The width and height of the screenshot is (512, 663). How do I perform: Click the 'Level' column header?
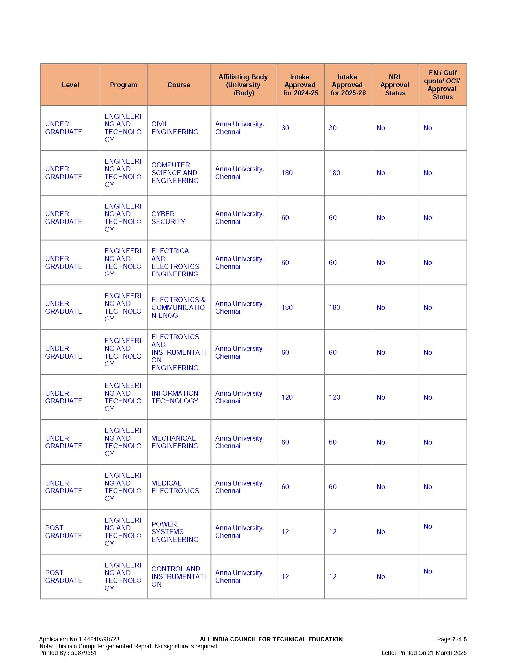click(70, 85)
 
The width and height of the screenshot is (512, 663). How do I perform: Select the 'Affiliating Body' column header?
click(243, 85)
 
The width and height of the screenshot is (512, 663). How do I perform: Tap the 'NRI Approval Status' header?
click(395, 85)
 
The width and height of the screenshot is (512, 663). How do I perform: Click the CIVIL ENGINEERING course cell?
click(175, 128)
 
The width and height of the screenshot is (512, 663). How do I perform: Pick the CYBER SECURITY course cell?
click(168, 218)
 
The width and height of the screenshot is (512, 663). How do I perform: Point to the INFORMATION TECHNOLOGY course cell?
click(175, 397)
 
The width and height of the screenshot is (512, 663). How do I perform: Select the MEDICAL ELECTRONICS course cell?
click(175, 487)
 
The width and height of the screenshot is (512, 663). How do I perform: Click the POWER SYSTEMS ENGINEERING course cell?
click(175, 532)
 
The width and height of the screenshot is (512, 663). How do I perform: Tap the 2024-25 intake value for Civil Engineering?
click(285, 128)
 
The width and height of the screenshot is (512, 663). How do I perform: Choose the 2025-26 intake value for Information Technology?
click(334, 397)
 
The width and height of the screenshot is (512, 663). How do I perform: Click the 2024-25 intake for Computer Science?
click(287, 173)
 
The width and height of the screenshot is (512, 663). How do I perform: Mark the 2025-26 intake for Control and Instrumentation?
click(332, 577)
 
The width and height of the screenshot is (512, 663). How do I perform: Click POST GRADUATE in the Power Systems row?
click(63, 532)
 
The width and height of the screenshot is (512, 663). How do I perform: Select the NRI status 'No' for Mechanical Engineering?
click(380, 442)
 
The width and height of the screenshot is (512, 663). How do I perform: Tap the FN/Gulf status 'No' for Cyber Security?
click(427, 218)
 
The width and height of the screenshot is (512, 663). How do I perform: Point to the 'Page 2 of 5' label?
click(451, 639)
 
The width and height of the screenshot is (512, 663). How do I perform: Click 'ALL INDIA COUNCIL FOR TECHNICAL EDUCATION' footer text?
click(271, 639)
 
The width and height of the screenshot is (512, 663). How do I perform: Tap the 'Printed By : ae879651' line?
click(68, 653)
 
